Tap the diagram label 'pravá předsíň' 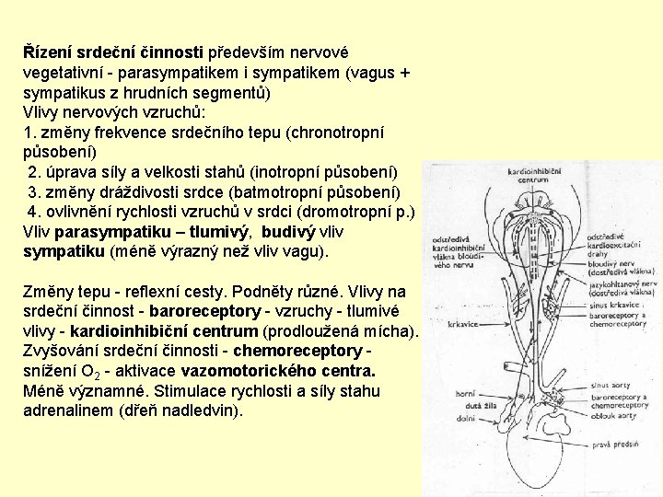tap(615, 445)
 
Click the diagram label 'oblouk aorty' tap(613, 415)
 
